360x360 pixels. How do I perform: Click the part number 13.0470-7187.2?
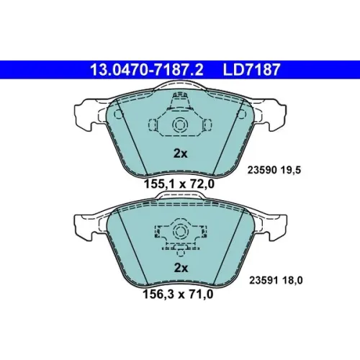[x=146, y=70]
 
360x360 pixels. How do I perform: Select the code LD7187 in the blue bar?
[x=252, y=70]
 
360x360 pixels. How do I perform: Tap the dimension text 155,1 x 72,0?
[x=179, y=184]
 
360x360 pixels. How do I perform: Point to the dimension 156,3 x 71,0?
[x=178, y=294]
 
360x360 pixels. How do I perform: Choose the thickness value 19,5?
[x=291, y=171]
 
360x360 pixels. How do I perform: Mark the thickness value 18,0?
[x=292, y=280]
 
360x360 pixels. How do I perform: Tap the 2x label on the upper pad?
[x=180, y=153]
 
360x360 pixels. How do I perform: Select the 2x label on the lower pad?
[x=181, y=268]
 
